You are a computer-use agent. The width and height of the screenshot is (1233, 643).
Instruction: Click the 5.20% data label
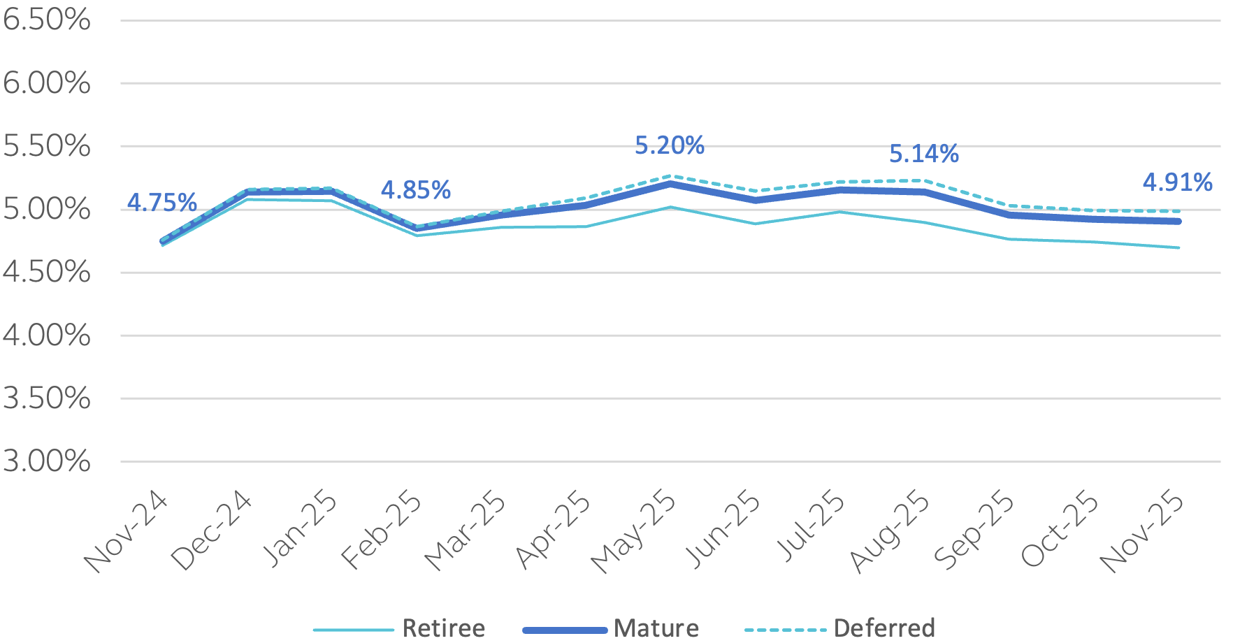[x=669, y=145]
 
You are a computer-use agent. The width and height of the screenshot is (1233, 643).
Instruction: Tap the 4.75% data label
[x=161, y=203]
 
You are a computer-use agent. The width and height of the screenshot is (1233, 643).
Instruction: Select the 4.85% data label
[x=415, y=190]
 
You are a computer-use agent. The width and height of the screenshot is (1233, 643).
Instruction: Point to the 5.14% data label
[x=923, y=154]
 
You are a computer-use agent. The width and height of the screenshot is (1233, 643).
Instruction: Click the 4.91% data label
[x=1177, y=182]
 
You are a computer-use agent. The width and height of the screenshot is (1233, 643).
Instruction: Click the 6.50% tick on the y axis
[x=47, y=20]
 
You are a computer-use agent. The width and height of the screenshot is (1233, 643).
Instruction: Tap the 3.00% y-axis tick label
[x=47, y=461]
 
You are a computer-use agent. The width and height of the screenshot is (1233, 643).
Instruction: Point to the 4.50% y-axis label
[x=47, y=272]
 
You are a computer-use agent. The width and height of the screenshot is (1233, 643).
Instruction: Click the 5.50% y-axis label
[x=47, y=146]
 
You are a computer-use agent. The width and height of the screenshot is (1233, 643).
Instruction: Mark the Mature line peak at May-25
[x=670, y=184]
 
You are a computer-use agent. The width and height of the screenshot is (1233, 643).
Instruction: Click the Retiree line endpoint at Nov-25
[x=1178, y=247]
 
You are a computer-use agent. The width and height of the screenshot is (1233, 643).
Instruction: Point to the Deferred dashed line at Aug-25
[x=925, y=180]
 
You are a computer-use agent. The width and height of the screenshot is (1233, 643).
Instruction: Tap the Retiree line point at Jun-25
[x=755, y=224]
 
